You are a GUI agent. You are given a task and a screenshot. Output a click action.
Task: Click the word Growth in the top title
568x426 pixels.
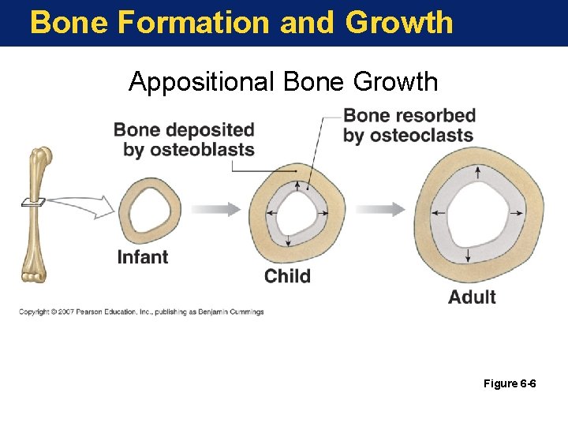(x=399, y=22)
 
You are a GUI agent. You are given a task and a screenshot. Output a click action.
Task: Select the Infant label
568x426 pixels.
(x=143, y=256)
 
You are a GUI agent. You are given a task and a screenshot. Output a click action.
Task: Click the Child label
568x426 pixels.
(x=287, y=276)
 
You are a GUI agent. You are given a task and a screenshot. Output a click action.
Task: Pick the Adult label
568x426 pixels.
(x=472, y=297)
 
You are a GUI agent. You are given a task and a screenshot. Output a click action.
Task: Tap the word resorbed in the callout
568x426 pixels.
(x=435, y=116)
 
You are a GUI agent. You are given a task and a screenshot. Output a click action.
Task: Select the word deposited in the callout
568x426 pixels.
(x=212, y=130)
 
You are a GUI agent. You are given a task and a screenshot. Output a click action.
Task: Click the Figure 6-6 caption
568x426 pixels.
(x=510, y=384)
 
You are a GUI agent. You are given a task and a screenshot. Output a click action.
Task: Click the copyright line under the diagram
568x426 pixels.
(x=142, y=312)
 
